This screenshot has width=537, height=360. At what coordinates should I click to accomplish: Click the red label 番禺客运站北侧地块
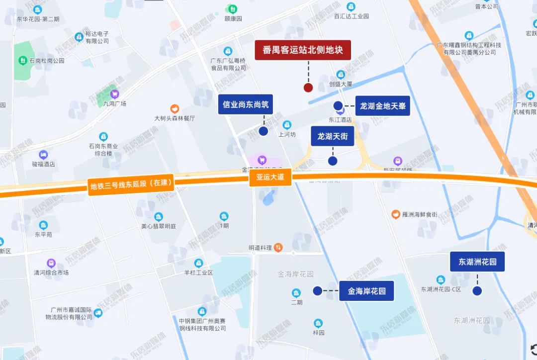point(303,50)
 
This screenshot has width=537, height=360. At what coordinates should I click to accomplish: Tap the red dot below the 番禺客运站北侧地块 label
point(308,88)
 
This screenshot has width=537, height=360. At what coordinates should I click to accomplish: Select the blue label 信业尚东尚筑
point(246,105)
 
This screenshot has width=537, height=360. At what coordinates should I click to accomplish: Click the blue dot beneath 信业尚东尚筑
point(264,131)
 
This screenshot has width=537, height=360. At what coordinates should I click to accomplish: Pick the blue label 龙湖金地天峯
point(382,106)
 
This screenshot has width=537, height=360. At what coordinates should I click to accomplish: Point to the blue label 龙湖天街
point(332,136)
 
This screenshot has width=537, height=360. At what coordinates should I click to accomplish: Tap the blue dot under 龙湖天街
point(333,161)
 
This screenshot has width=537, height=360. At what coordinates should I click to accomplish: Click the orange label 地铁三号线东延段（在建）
point(131,185)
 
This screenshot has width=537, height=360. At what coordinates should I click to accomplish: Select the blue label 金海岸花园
point(366,291)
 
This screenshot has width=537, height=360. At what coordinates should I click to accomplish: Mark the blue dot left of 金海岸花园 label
point(317,291)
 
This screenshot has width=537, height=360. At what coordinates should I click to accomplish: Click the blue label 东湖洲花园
point(477,262)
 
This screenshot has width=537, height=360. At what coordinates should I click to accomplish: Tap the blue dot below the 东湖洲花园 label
point(477,291)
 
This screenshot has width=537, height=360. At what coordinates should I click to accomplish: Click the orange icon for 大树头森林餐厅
point(175,108)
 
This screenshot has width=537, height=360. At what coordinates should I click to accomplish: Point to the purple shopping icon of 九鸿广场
point(115,93)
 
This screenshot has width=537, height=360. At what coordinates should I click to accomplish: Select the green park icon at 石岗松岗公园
point(22,60)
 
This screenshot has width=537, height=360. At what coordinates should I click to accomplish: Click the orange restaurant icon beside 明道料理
point(278,247)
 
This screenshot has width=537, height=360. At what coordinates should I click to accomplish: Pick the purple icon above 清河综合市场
point(51,263)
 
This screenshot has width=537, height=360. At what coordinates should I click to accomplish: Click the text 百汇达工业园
point(352,16)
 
